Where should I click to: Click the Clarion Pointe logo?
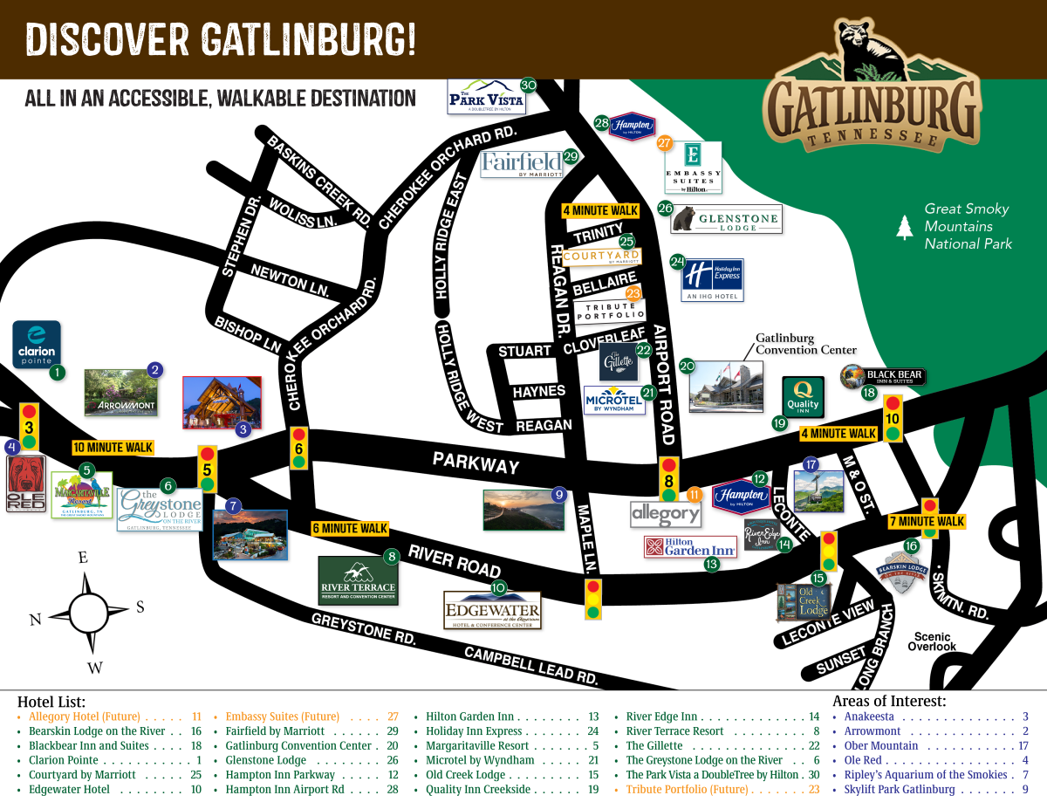pos(37,345)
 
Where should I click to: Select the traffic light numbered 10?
pos(893,418)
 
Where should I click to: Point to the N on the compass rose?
pos(36,620)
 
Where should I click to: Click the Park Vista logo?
pos(486,97)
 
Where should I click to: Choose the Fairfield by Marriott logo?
pos(522,163)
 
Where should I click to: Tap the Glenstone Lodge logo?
pos(726,218)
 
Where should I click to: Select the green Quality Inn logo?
pos(803,397)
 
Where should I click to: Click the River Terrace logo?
pos(358,580)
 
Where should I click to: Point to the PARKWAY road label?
pos(476,463)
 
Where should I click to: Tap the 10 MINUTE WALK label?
pos(113,448)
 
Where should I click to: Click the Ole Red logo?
pos(26,483)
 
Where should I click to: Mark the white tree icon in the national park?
pos(904,227)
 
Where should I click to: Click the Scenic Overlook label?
pos(932,641)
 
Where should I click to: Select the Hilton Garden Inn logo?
pos(690,546)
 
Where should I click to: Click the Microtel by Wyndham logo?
pos(613,400)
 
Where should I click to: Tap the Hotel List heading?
pos(51,702)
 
